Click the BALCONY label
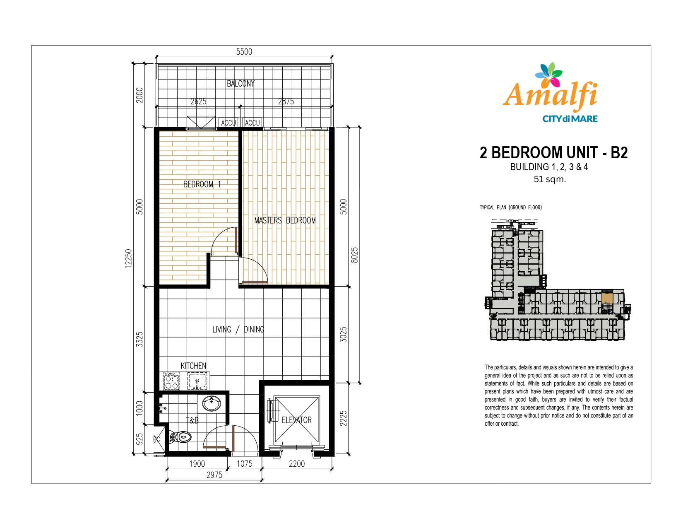(x=241, y=84)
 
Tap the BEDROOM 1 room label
(x=202, y=184)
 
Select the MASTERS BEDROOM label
(x=285, y=220)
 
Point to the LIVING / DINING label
(x=238, y=329)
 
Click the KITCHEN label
(x=193, y=366)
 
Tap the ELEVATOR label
(x=297, y=420)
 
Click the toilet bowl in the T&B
(x=180, y=437)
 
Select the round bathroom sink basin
(x=211, y=403)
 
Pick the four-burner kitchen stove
(x=172, y=381)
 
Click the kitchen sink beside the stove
(x=197, y=381)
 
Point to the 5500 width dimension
(x=244, y=52)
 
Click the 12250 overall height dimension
(x=128, y=258)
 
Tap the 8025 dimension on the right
(x=354, y=255)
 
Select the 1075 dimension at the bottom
(x=245, y=464)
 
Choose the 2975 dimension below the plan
(x=214, y=475)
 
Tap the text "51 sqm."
(x=550, y=179)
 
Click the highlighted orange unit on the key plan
(x=607, y=298)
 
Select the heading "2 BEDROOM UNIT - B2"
(x=553, y=152)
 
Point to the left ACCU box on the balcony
(x=228, y=123)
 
